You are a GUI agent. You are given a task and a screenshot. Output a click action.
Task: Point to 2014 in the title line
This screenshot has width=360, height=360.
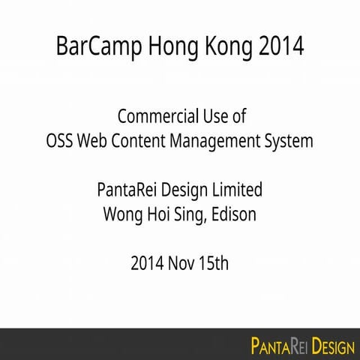280,46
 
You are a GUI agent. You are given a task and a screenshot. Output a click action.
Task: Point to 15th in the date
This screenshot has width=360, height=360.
214,263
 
